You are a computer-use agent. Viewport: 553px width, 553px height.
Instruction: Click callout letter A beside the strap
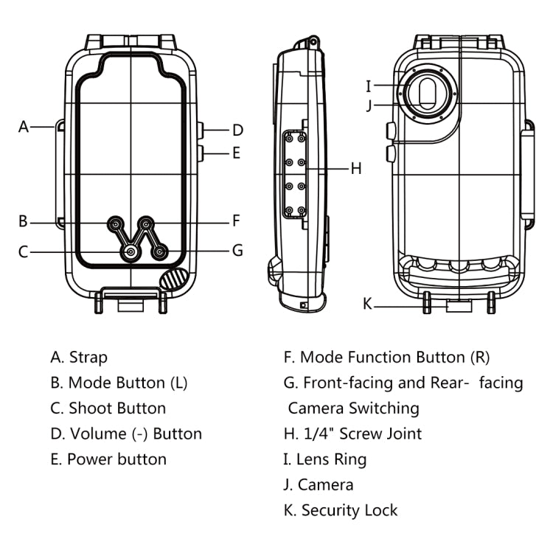(24, 127)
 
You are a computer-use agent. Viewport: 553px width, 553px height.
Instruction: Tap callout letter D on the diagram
(237, 131)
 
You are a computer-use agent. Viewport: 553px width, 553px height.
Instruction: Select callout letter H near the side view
(355, 168)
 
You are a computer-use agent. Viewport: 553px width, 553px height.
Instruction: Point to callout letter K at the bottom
(367, 304)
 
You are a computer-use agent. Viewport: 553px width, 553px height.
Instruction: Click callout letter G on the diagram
(237, 251)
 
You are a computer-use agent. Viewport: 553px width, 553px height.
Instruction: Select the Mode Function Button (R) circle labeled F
(147, 223)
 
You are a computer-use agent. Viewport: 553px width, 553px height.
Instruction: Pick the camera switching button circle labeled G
(159, 252)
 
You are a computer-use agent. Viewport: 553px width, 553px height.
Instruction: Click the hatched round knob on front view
(174, 279)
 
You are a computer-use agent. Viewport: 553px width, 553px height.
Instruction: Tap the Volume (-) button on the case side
(200, 130)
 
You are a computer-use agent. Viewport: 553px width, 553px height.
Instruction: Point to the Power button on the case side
(200, 153)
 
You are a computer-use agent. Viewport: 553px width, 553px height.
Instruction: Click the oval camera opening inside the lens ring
(428, 94)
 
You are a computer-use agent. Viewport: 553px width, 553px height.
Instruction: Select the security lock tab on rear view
(458, 305)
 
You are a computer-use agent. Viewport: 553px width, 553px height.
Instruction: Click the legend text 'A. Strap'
(79, 358)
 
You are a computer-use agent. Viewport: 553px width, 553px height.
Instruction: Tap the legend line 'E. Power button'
(108, 459)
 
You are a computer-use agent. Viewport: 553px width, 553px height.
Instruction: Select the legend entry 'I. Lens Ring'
(325, 459)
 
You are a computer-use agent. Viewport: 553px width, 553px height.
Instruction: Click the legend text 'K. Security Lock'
(341, 510)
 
